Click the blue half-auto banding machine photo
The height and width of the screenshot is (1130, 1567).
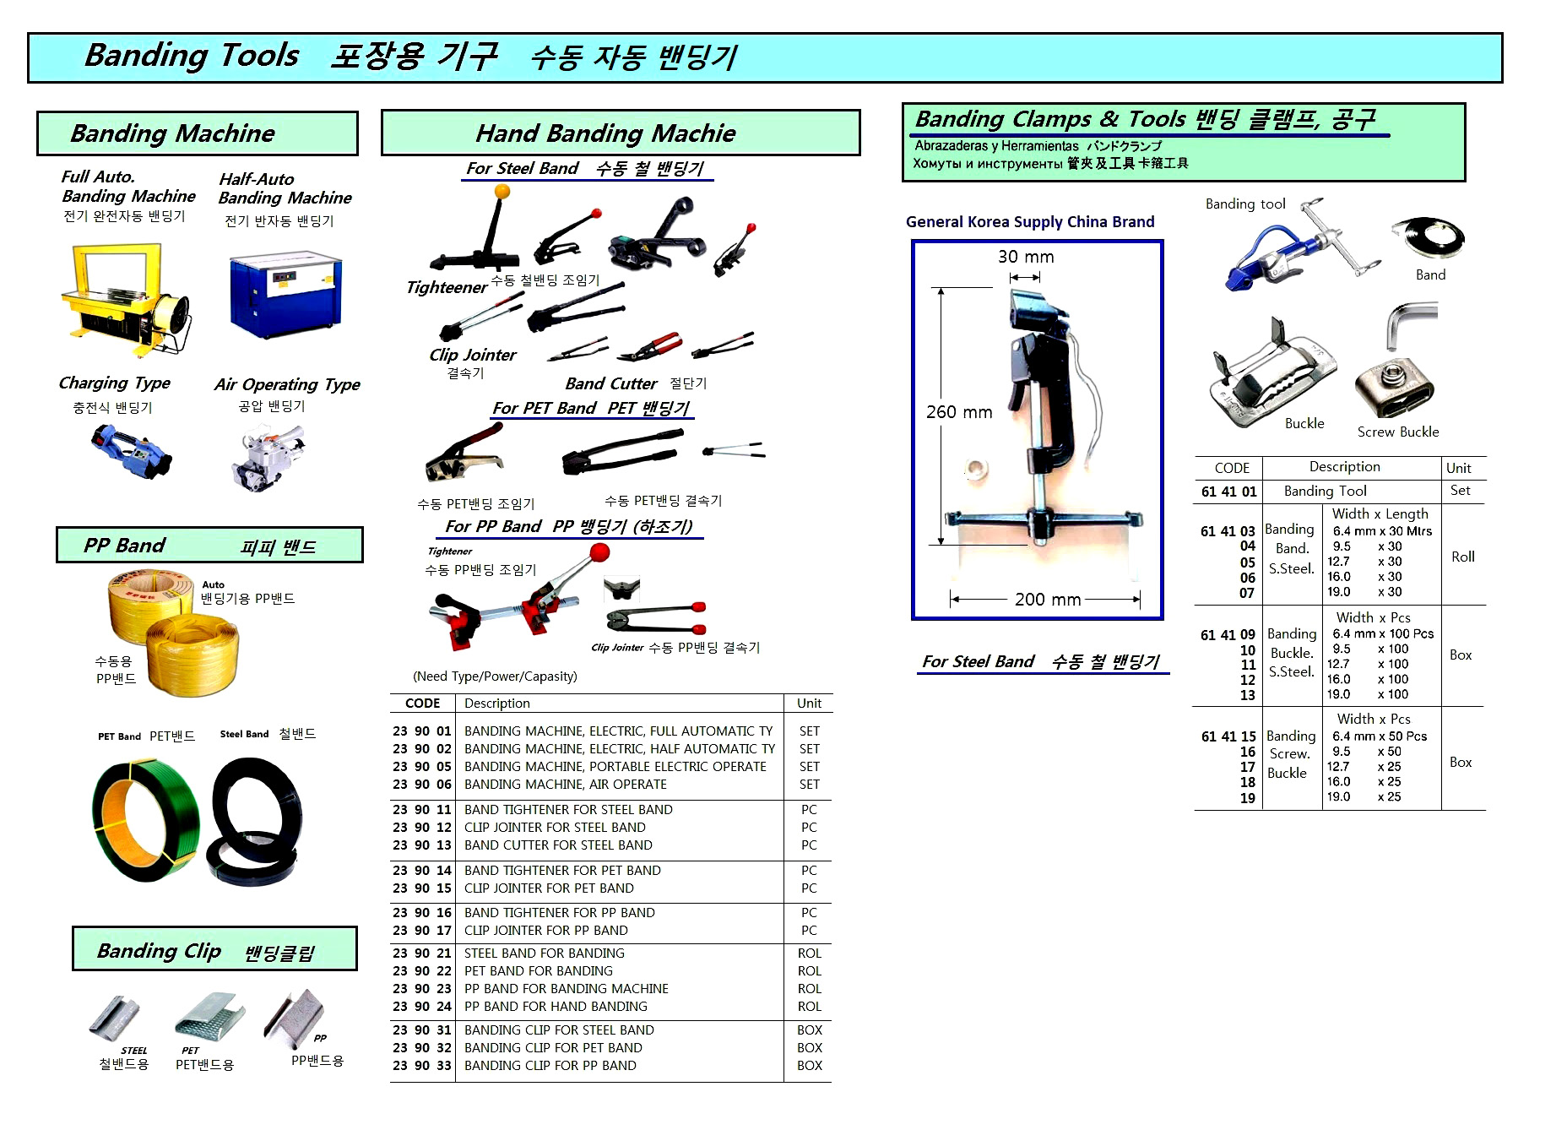[x=285, y=292]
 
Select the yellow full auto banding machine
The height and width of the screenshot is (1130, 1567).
[x=125, y=300]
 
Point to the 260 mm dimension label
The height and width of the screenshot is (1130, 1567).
[x=959, y=412]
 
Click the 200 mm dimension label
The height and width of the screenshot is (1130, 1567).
[x=1048, y=599]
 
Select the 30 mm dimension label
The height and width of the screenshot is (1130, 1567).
[x=1026, y=257]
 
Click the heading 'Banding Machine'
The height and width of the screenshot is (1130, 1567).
[x=173, y=133]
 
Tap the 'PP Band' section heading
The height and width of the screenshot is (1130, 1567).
[x=124, y=546]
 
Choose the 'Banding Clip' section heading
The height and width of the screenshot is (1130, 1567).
[x=159, y=951]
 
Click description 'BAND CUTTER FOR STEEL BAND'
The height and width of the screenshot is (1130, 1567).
[x=558, y=845]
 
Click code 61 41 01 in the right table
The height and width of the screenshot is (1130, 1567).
[x=1228, y=492]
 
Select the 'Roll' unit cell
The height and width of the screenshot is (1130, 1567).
[x=1463, y=557]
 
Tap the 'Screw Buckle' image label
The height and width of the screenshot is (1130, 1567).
[x=1398, y=432]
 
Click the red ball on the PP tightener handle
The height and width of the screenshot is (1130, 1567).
[x=599, y=553]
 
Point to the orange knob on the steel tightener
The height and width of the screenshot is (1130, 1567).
[x=502, y=192]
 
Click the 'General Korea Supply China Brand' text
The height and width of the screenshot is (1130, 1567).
[x=1030, y=222]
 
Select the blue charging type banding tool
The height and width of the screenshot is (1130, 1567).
[x=131, y=449]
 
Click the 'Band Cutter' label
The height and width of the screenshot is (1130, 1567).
[x=611, y=383]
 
